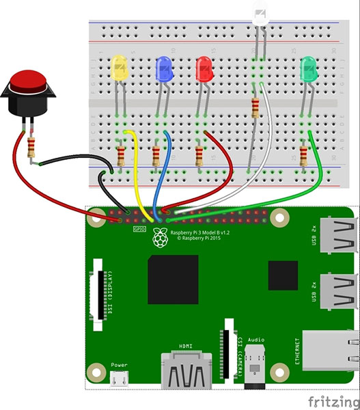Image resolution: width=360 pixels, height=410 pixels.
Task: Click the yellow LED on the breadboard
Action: point(119,68)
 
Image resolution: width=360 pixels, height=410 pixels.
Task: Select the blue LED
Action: point(164,68)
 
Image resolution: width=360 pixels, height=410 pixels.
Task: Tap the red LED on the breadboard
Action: point(204,68)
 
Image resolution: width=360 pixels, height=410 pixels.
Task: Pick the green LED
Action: point(309,68)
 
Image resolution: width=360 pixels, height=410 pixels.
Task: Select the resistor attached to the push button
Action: point(31,148)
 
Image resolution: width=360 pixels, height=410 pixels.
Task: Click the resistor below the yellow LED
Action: point(121,156)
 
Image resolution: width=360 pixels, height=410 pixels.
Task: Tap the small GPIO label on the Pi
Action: point(139,230)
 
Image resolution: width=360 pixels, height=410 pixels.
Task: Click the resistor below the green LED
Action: point(305,156)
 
